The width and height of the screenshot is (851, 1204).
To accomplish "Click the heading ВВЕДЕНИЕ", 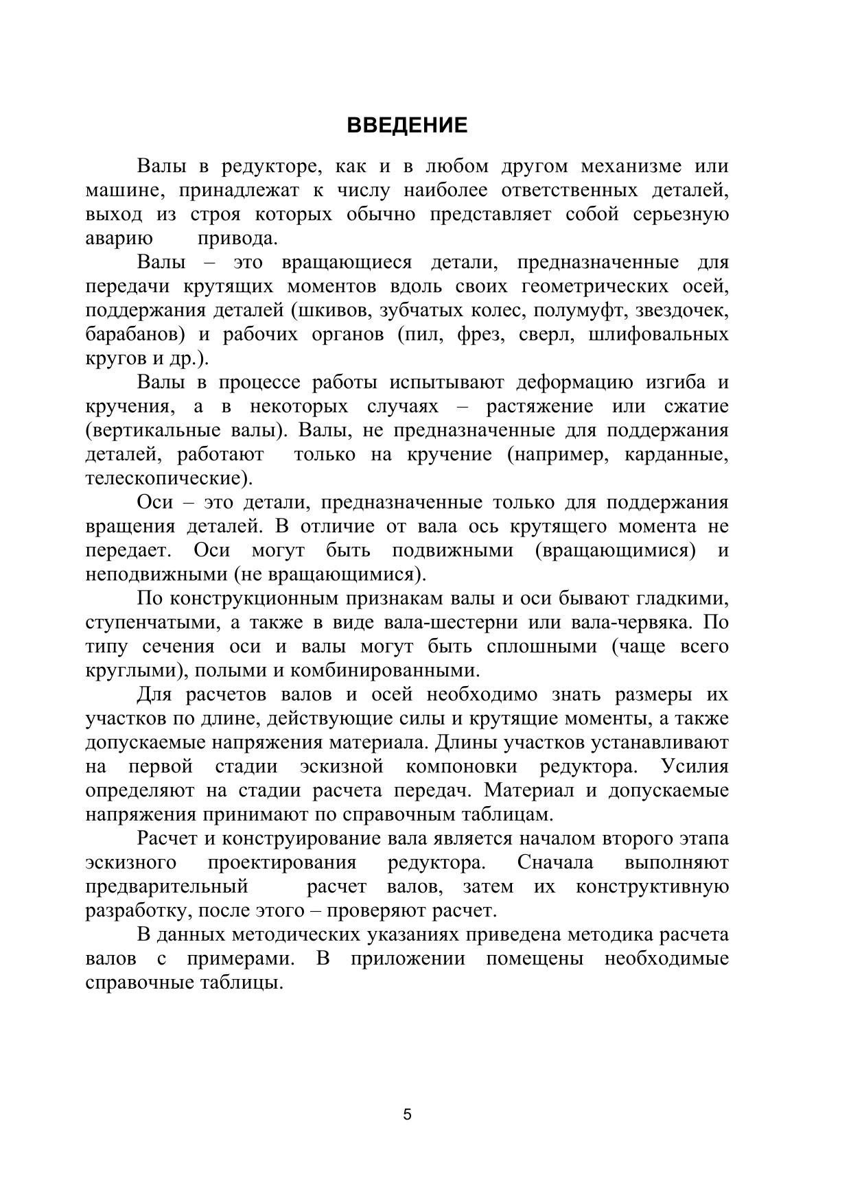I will (x=407, y=126).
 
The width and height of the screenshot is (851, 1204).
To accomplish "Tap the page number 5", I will (x=408, y=1114).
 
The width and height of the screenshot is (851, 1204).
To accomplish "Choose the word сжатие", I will (x=696, y=407).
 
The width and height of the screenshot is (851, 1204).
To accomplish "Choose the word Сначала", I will (x=555, y=862).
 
